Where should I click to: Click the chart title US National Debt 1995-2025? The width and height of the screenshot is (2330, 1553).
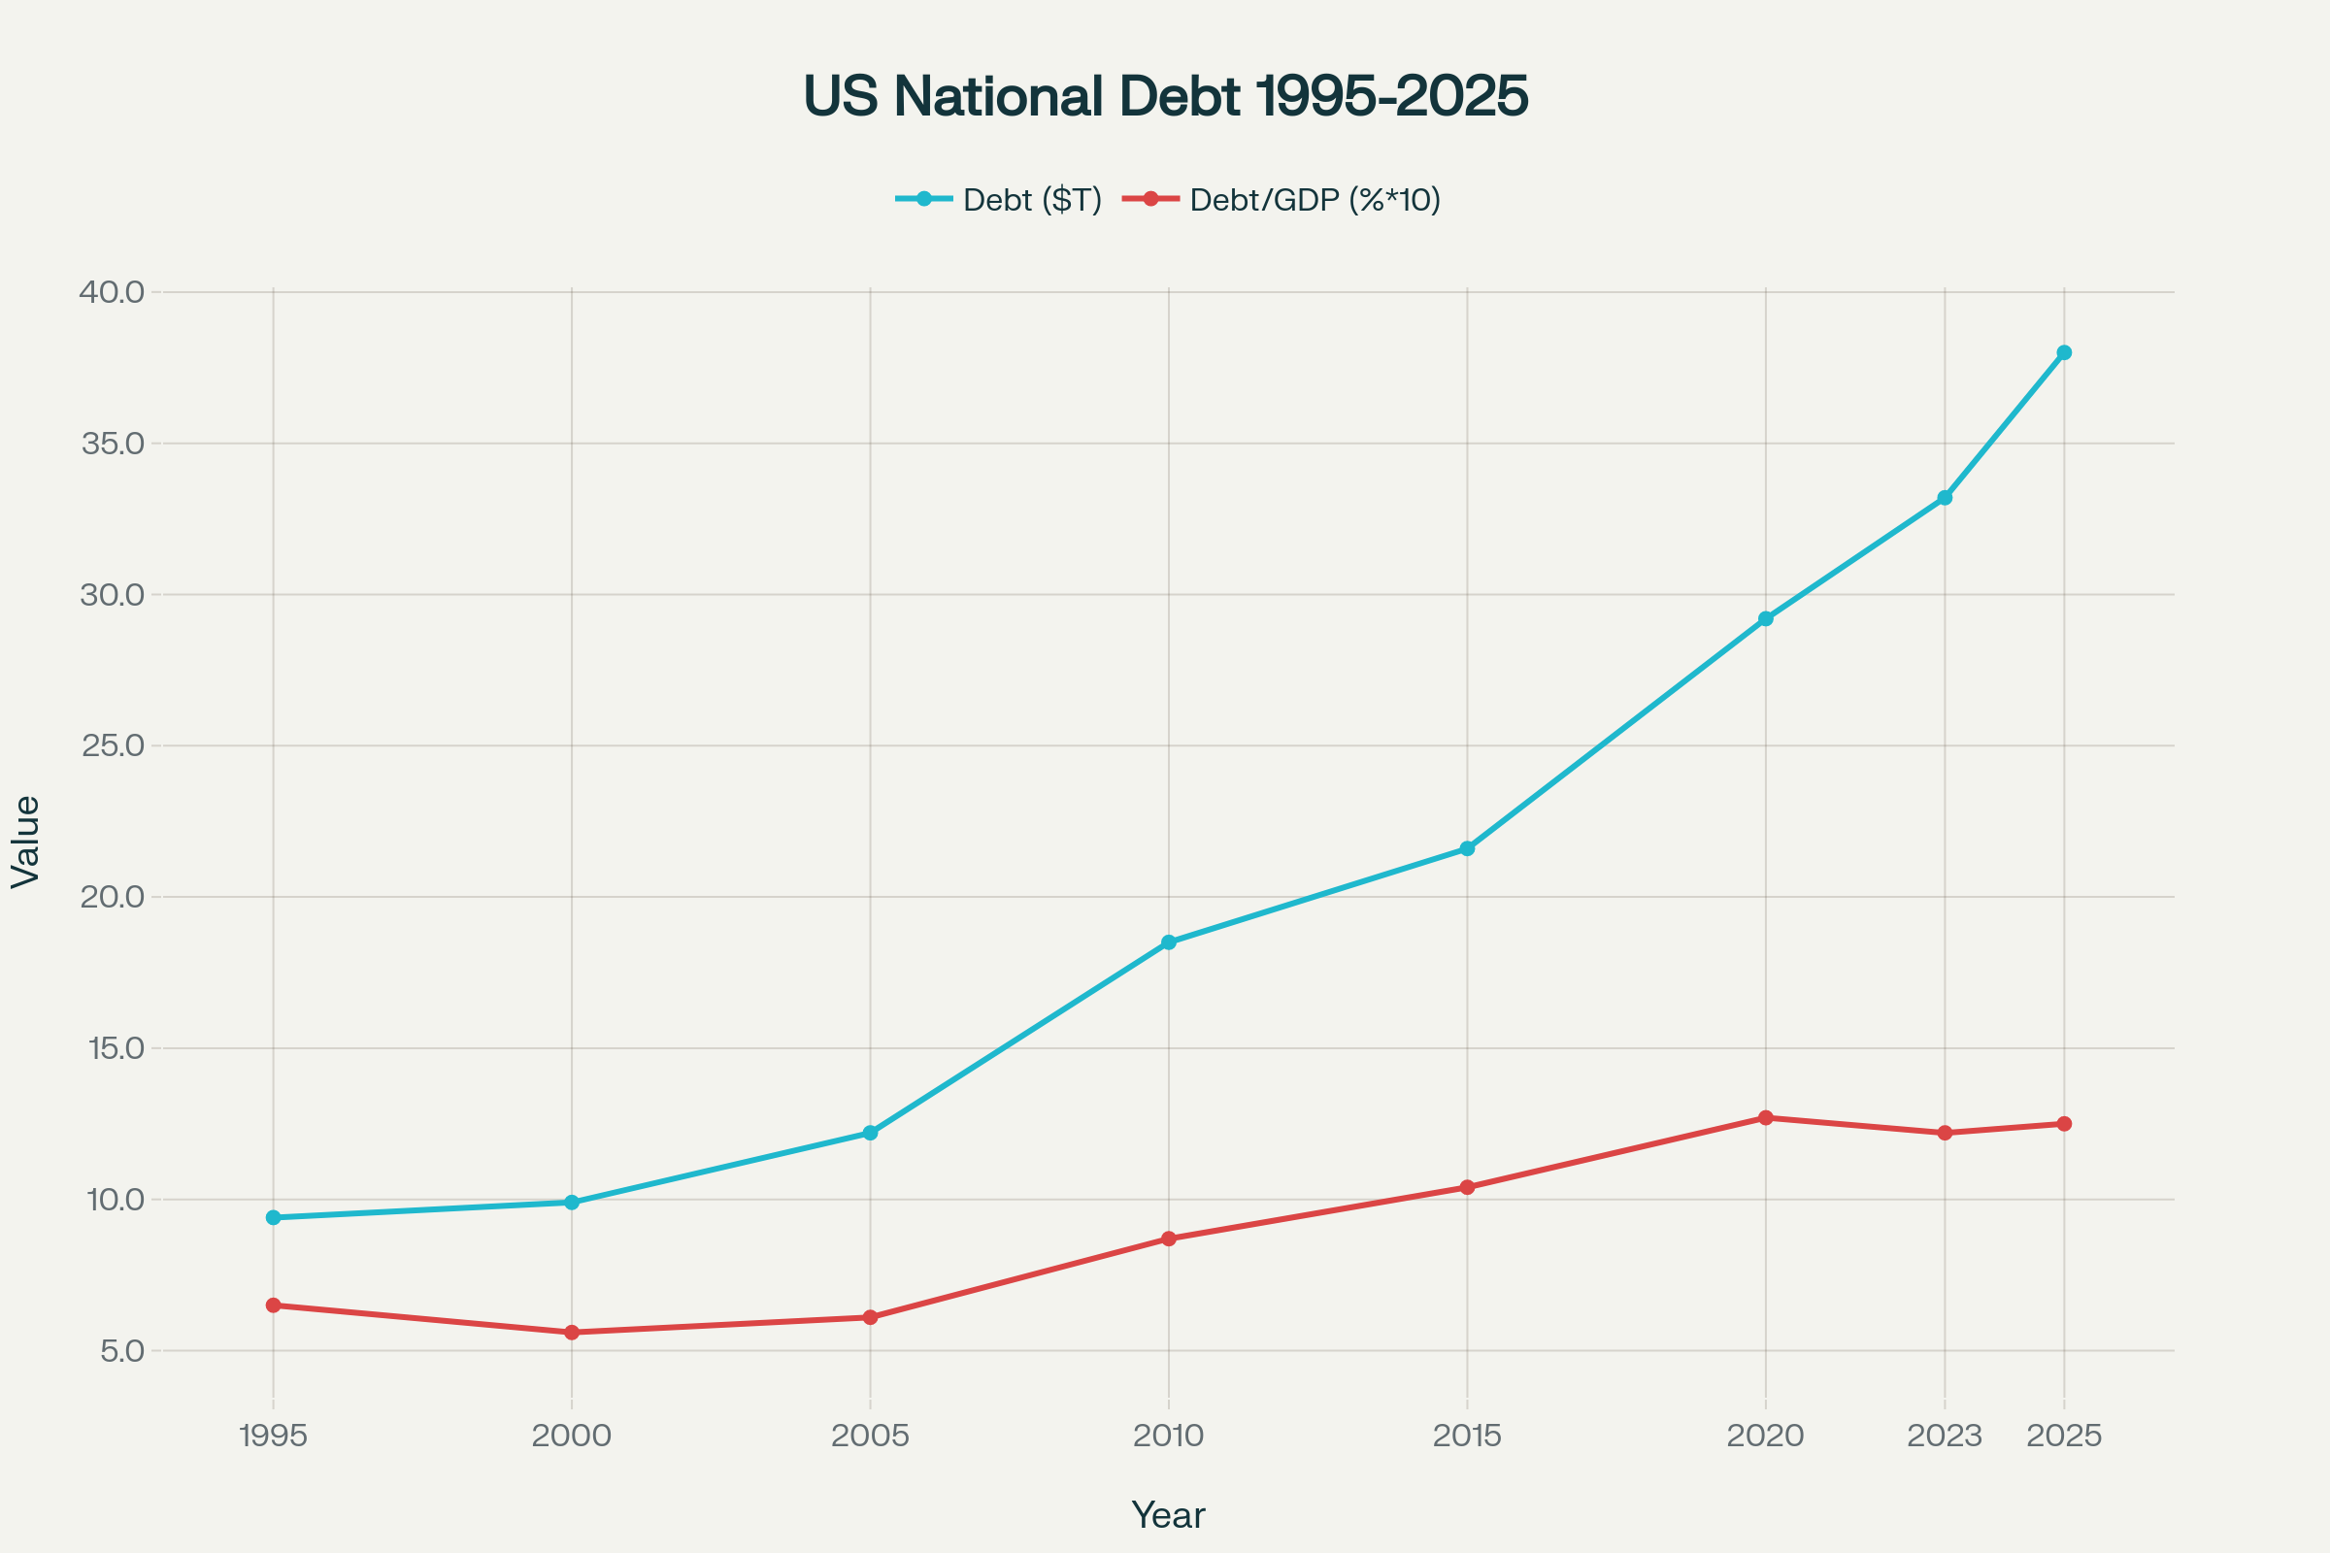pyautogui.click(x=1165, y=96)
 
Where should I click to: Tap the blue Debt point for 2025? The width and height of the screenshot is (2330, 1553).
pyautogui.click(x=2065, y=352)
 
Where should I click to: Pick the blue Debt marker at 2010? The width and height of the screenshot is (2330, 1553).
pyautogui.click(x=1169, y=942)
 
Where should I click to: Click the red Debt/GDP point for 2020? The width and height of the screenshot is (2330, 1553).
pyautogui.click(x=1765, y=1118)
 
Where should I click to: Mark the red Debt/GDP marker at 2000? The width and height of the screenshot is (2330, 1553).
pyautogui.click(x=572, y=1332)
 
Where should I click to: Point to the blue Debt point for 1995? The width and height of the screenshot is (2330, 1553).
pyautogui.click(x=274, y=1217)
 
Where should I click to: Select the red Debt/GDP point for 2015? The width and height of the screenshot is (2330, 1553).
pyautogui.click(x=1467, y=1187)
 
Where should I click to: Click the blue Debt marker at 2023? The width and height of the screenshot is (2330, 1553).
pyautogui.click(x=1945, y=498)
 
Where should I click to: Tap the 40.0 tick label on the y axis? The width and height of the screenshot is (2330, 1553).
pyautogui.click(x=112, y=292)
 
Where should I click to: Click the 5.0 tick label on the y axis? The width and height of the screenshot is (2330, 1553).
pyautogui.click(x=122, y=1351)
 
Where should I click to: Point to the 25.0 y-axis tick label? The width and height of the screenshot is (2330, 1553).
pyautogui.click(x=113, y=745)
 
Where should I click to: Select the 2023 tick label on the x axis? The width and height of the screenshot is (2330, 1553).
pyautogui.click(x=1945, y=1437)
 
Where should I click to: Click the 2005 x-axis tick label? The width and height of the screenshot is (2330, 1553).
pyautogui.click(x=870, y=1437)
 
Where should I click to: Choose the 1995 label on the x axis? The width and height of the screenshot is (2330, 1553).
pyautogui.click(x=274, y=1437)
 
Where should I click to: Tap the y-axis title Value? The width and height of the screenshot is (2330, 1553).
pyautogui.click(x=26, y=842)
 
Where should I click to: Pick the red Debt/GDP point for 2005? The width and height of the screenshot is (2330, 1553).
pyautogui.click(x=870, y=1317)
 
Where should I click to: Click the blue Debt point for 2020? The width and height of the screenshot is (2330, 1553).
pyautogui.click(x=1765, y=619)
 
